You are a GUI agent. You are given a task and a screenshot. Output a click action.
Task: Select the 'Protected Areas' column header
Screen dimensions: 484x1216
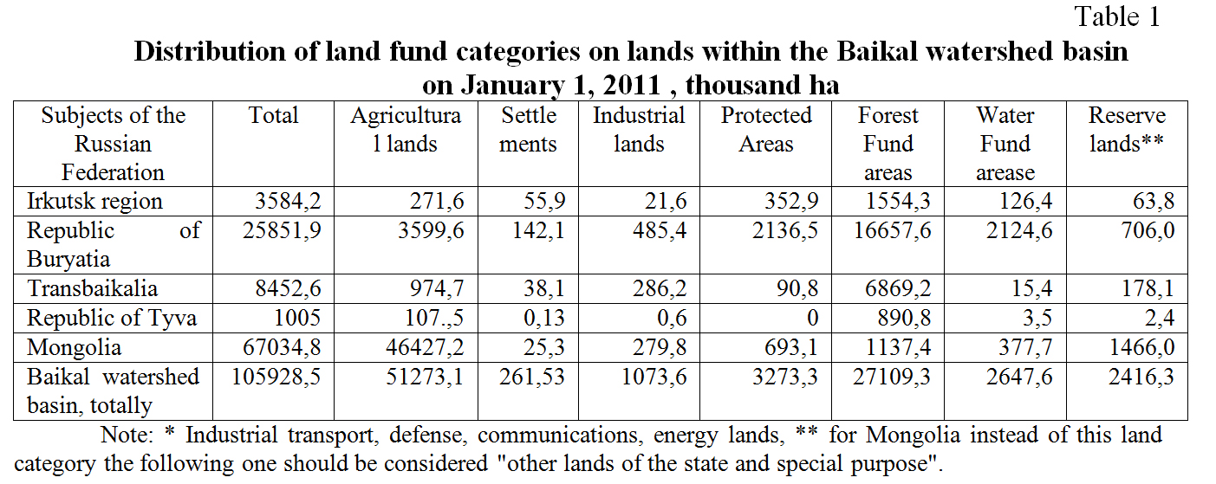766,130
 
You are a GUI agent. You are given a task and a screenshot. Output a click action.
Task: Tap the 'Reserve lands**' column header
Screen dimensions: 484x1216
1127,130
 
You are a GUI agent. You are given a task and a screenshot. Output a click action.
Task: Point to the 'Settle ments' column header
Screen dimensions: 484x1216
528,130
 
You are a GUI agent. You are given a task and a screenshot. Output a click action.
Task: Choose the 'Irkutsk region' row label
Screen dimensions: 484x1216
94,202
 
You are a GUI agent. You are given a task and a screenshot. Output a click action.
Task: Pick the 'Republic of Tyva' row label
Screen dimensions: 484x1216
112,318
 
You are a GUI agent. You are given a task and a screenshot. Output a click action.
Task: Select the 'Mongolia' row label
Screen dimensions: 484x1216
74,347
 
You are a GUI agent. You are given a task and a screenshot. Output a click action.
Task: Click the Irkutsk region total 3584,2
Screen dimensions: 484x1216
289,202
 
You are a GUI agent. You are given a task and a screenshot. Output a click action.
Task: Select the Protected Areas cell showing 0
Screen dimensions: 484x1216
812,318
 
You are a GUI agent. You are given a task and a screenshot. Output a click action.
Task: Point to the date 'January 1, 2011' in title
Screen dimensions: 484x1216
569,85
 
